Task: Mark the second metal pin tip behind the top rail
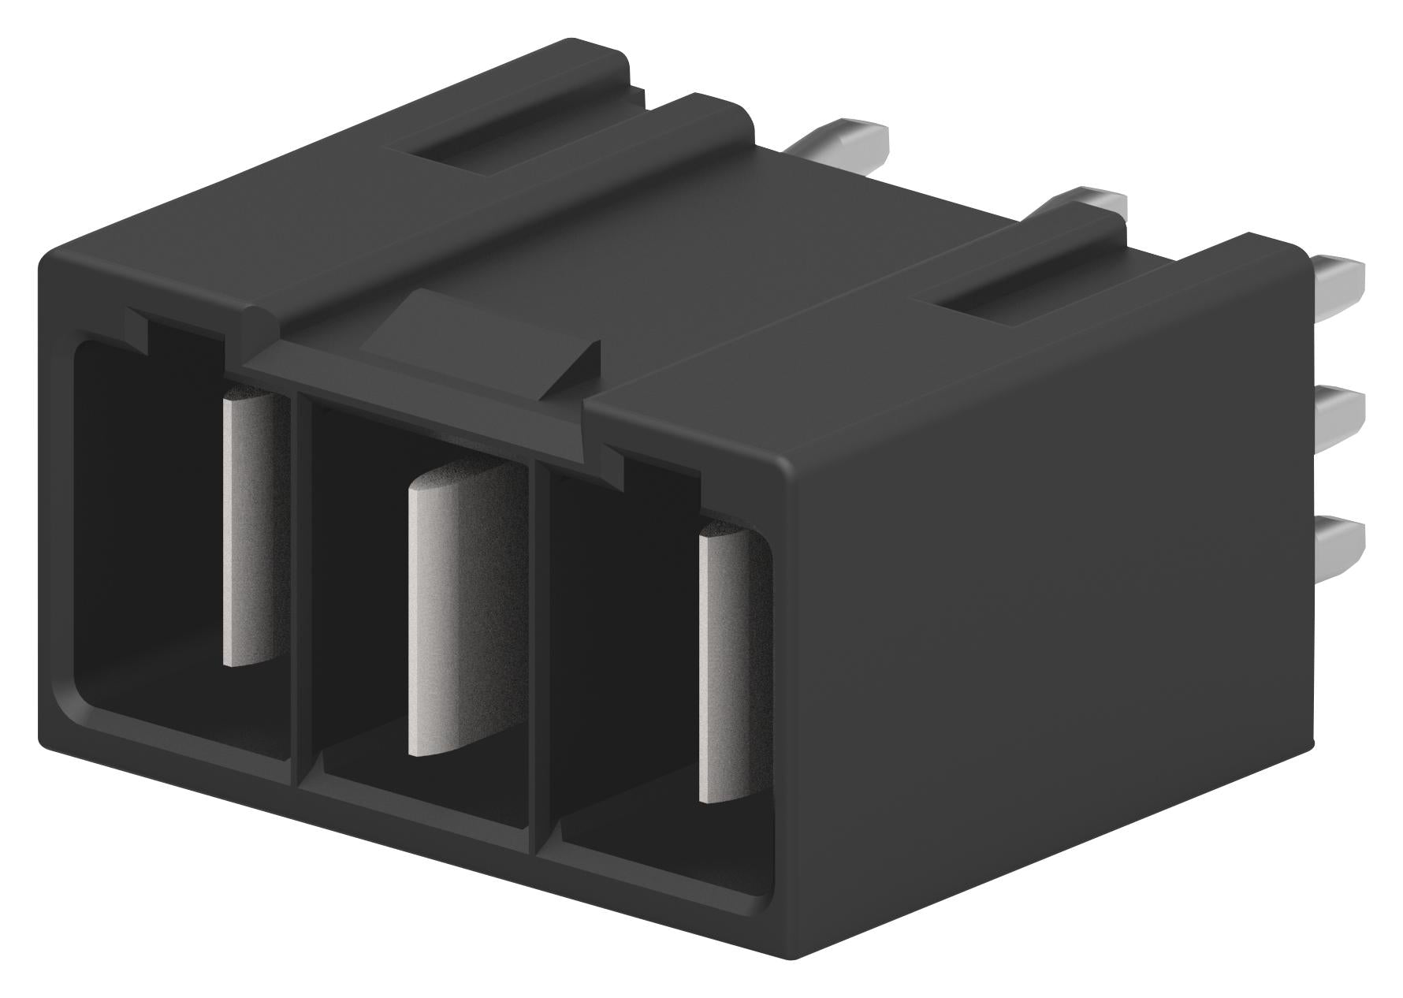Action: [1084, 201]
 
